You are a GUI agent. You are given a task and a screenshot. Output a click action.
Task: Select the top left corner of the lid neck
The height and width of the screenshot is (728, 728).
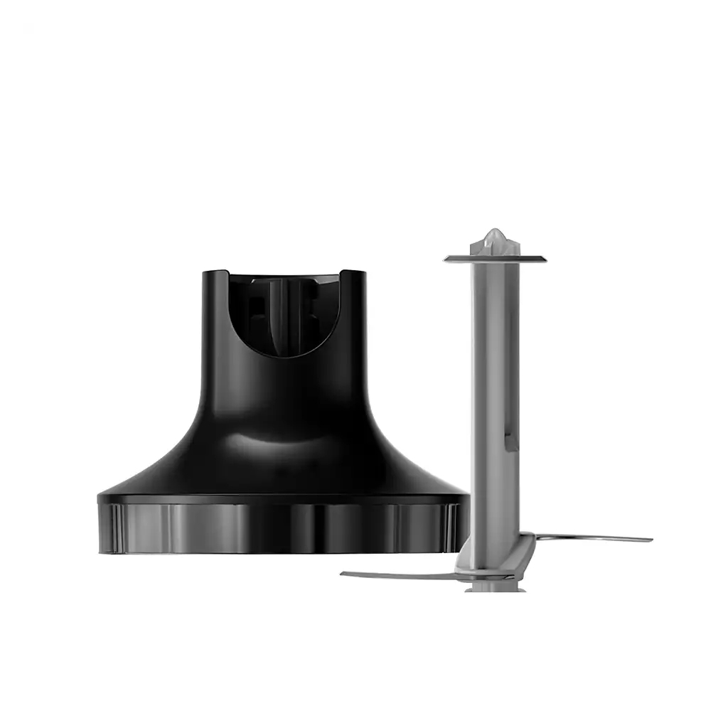click(x=204, y=273)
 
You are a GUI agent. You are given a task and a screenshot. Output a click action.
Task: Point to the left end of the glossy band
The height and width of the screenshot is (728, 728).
click(x=100, y=526)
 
